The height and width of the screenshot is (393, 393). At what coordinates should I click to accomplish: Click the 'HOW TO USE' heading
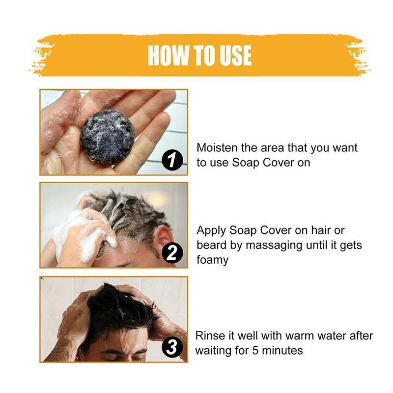200,56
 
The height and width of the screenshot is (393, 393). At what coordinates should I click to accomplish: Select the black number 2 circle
172,254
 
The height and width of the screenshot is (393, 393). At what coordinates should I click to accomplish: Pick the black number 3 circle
172,348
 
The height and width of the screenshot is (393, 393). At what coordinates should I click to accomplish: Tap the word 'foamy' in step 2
213,260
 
